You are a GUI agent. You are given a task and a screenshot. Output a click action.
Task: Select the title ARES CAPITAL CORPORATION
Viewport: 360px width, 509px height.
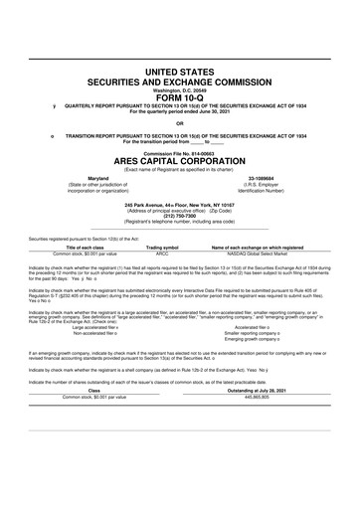click(x=180, y=164)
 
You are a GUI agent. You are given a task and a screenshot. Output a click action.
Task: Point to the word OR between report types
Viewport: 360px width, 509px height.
click(x=180, y=124)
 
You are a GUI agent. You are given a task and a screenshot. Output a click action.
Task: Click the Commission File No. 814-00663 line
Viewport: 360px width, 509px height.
click(x=180, y=155)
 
